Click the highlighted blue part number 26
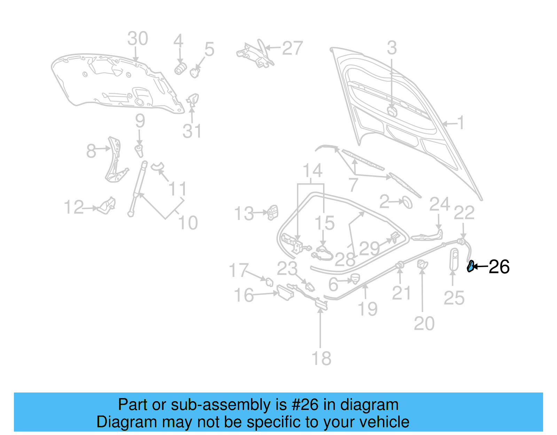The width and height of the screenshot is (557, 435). click(470, 266)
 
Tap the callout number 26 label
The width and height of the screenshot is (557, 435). click(499, 267)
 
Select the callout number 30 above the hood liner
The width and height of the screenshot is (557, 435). click(138, 39)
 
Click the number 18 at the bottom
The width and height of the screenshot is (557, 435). click(321, 358)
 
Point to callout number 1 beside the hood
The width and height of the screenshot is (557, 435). click(461, 123)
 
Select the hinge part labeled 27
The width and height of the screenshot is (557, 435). click(256, 54)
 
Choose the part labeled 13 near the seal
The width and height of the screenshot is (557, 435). click(273, 212)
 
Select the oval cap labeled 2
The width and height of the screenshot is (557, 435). click(407, 202)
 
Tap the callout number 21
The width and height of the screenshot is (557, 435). click(401, 293)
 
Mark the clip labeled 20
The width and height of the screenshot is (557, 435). click(422, 264)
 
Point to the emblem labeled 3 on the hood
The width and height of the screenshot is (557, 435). click(392, 111)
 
